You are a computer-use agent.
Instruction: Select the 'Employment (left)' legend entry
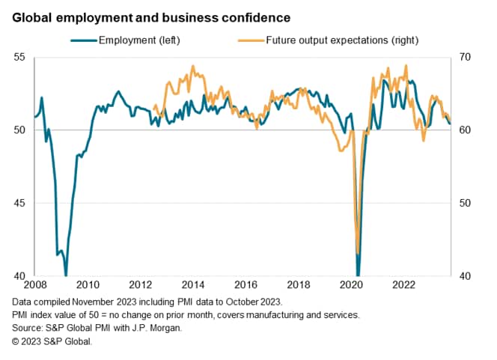coord(139,40)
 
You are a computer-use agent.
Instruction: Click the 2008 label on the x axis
coord(35,284)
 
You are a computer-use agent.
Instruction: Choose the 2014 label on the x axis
coord(193,284)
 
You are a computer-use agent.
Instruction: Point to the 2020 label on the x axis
coord(351,284)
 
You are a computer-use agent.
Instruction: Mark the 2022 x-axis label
coord(404,284)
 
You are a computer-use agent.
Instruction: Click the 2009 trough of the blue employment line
coord(66,274)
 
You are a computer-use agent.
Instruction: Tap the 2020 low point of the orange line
coord(359,254)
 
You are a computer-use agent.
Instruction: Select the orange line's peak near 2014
coord(193,66)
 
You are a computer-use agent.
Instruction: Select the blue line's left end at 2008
coord(35,117)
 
